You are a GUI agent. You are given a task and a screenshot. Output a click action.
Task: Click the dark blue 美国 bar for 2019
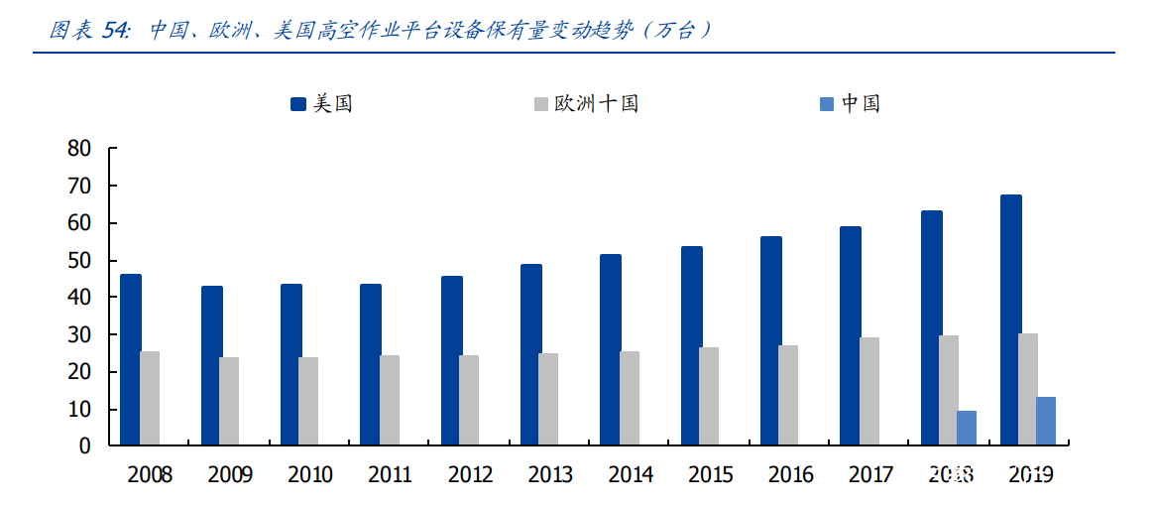[x=1010, y=319]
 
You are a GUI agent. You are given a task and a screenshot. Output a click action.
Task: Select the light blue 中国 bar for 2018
[x=966, y=428]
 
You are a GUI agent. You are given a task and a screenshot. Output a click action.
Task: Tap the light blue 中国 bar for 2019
[x=1045, y=421]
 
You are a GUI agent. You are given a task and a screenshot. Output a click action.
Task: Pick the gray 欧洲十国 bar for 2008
[x=150, y=398]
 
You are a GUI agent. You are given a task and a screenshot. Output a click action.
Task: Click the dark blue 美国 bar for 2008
[x=131, y=359]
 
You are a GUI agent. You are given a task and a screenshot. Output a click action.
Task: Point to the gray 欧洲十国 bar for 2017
[x=868, y=391]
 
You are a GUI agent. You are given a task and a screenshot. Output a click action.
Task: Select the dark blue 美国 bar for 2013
[x=531, y=354]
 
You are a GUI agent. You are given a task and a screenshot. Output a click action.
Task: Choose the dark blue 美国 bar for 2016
[x=771, y=340]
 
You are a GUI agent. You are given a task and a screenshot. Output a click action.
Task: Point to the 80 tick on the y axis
[x=79, y=149]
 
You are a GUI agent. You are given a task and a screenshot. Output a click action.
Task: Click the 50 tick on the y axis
[x=79, y=261]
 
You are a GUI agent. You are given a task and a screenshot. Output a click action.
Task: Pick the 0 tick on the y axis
[x=85, y=446]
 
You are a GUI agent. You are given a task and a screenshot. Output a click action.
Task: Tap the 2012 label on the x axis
[x=470, y=475]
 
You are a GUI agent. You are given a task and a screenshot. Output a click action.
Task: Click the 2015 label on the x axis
[x=711, y=475]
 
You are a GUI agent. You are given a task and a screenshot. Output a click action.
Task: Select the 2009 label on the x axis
[x=230, y=475]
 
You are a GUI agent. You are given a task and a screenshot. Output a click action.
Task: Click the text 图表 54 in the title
[x=89, y=31]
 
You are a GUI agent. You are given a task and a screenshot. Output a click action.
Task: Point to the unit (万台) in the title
[x=677, y=31]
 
